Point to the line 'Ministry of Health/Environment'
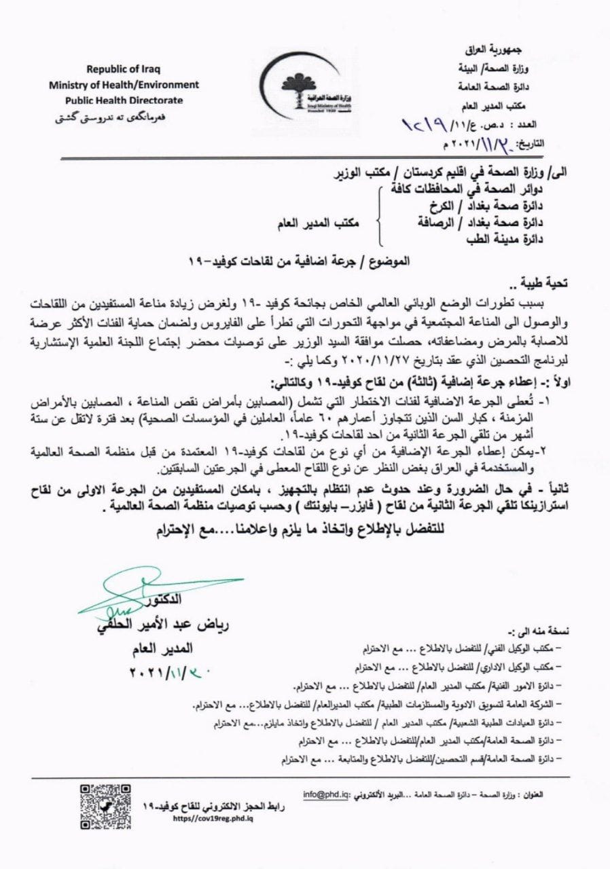tap(123, 85)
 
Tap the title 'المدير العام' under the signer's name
tap(166, 650)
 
